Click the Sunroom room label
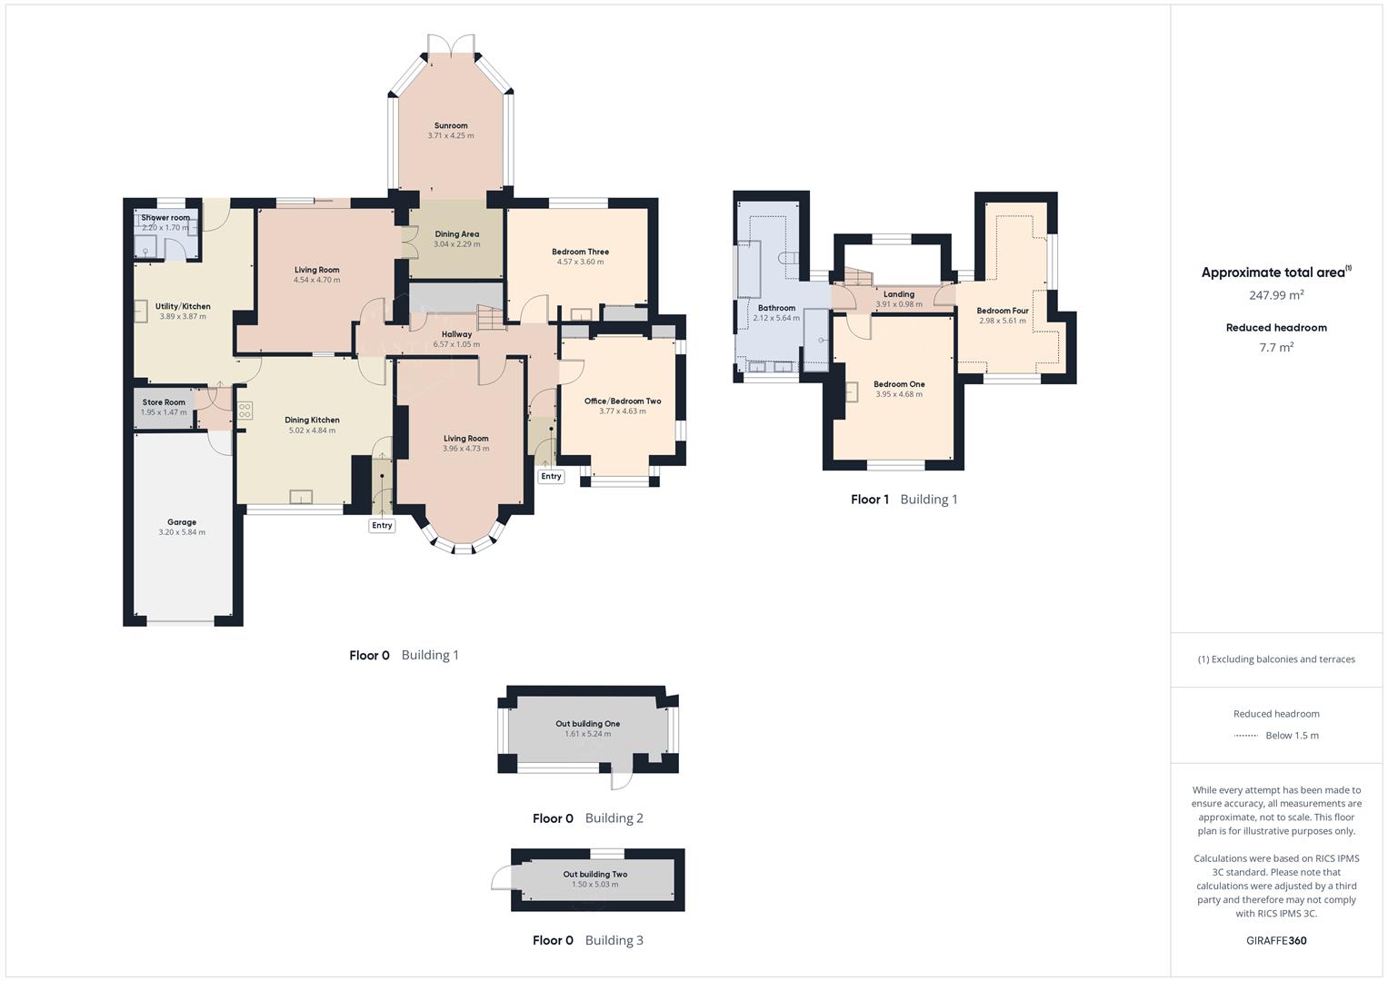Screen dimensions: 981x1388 coord(451,125)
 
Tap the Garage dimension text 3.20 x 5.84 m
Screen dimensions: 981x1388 coord(182,532)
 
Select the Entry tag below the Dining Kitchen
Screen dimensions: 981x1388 coord(382,525)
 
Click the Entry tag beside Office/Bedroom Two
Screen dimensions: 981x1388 coord(551,476)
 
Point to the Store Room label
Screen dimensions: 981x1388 coord(164,402)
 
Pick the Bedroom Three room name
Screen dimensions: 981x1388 coord(580,252)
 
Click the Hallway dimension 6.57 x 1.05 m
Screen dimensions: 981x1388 coord(456,344)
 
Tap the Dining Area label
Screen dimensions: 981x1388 coord(456,233)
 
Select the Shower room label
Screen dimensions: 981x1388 coord(165,218)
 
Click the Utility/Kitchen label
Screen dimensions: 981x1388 coord(183,306)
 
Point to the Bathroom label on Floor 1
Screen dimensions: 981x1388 coord(776,308)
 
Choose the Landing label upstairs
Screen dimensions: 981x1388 coord(899,294)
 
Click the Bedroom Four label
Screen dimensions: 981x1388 coord(1003,311)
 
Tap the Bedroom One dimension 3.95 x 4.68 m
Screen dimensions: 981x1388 coord(899,394)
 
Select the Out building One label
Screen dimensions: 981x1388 coord(588,724)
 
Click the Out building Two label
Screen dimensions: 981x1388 coord(595,875)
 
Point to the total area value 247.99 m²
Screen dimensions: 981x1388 coord(1276,295)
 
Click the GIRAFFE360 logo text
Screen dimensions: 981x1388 coord(1276,940)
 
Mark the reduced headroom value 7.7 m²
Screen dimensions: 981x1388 coord(1276,347)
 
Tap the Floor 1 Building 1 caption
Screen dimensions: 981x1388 coord(904,499)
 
